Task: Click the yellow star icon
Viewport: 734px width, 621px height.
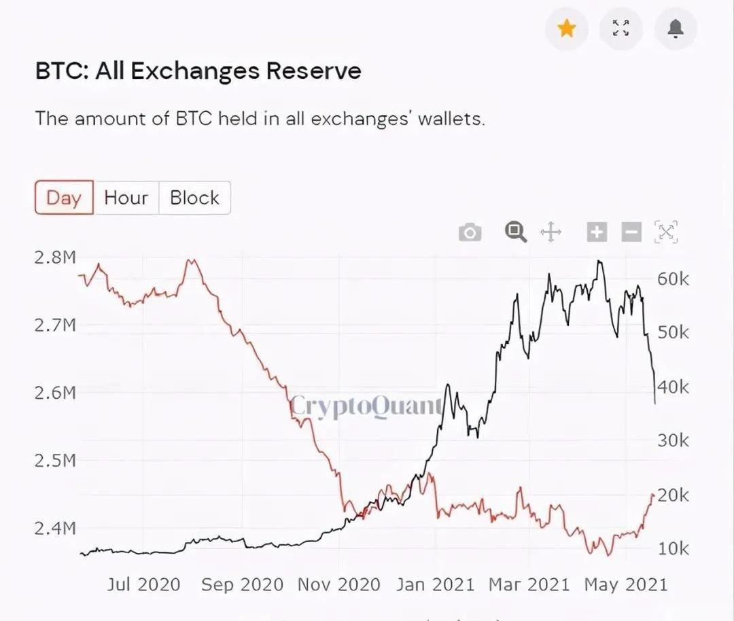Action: pos(567,29)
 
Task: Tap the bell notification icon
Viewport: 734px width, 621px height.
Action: pos(676,29)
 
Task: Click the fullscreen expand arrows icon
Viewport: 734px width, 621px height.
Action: pos(621,29)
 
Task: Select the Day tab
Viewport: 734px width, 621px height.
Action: pos(64,198)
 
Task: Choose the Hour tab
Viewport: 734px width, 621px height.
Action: pos(126,198)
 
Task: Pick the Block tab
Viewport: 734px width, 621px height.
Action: pos(194,198)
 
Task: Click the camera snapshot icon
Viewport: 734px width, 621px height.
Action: pos(470,233)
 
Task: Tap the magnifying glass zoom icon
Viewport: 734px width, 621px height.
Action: pos(516,232)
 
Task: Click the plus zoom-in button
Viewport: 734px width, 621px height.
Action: pos(596,232)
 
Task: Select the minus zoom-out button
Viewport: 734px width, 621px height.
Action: pos(631,232)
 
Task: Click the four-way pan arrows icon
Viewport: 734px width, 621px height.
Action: pos(550,233)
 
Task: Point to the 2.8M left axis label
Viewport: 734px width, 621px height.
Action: pos(55,258)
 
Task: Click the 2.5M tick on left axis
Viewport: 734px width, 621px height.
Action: pos(55,461)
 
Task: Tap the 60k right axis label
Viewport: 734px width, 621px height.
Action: pos(673,279)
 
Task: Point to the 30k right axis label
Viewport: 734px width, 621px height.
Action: pos(673,441)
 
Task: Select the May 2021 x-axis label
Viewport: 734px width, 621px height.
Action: pos(626,584)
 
